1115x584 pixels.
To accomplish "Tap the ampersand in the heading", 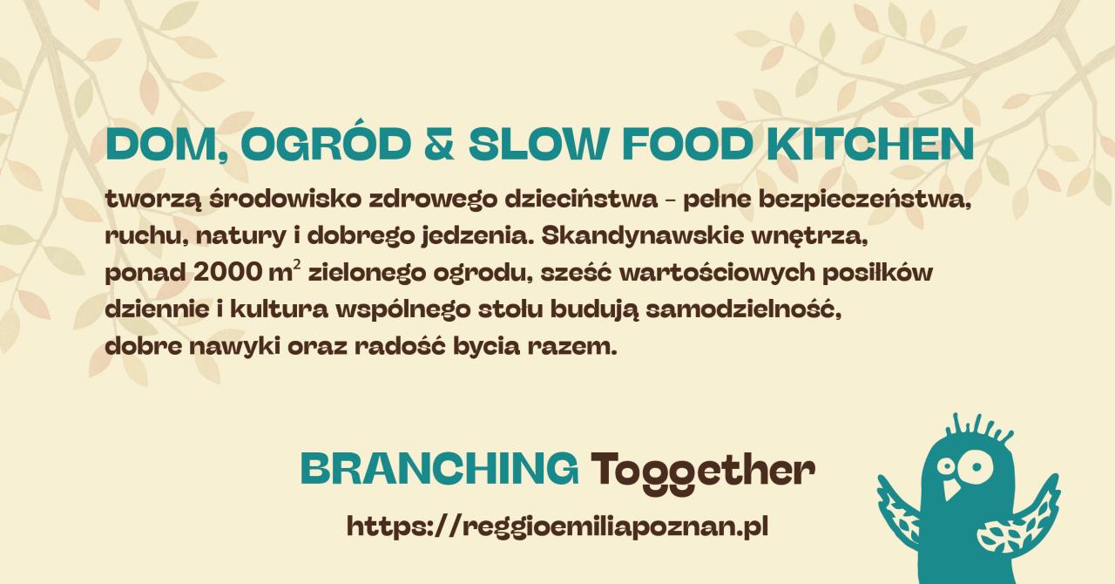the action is [x=438, y=145].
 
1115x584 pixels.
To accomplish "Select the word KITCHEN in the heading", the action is [x=869, y=145].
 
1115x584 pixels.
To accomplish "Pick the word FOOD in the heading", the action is [x=687, y=145].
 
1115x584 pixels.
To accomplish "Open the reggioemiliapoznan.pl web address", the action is [x=557, y=526].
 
